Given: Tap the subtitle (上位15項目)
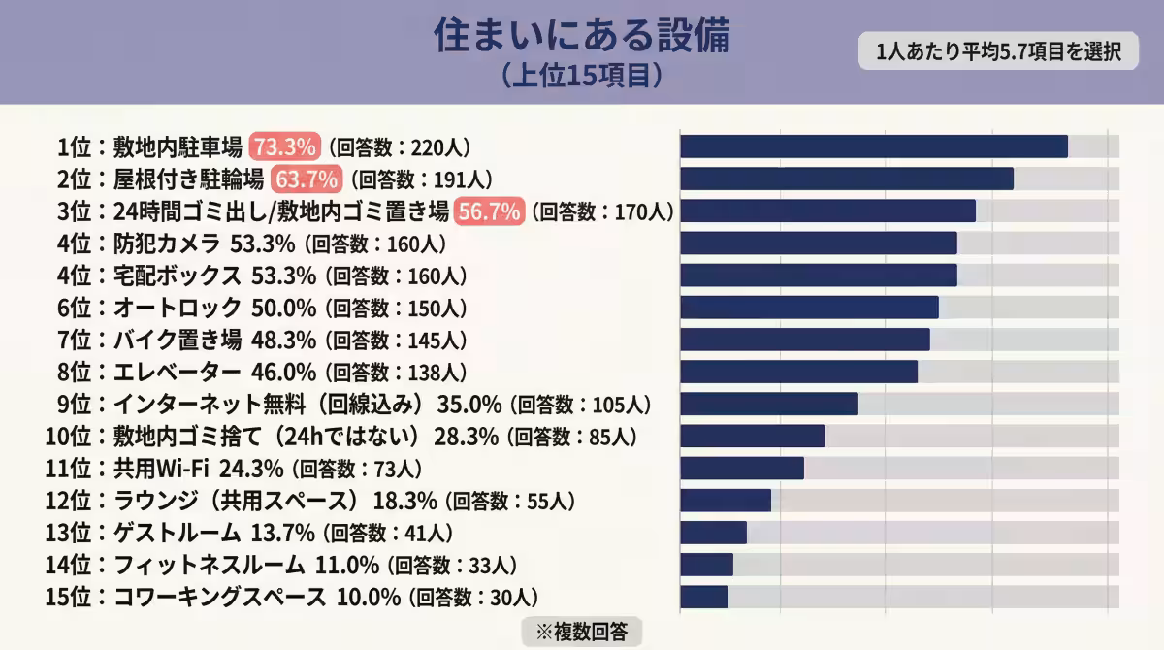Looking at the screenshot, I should (x=581, y=75).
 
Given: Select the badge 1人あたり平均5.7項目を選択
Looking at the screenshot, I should (x=998, y=51).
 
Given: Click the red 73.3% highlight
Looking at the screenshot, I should (x=284, y=146).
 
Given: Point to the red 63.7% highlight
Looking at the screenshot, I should (x=306, y=179).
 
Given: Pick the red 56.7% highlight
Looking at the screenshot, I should (x=490, y=211).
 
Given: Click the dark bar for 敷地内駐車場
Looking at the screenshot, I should (x=873, y=146).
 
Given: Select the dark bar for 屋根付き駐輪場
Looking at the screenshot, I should (x=846, y=179).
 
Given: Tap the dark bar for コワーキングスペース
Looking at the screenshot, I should (x=703, y=597).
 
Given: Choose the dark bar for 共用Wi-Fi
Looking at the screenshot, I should (x=742, y=469).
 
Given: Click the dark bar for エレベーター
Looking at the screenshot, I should (x=798, y=372).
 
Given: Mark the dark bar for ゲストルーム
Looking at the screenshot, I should (x=713, y=533).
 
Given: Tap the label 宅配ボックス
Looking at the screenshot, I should (x=177, y=275).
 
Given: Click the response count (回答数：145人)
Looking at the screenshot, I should (x=396, y=340).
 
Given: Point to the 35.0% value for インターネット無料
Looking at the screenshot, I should (x=469, y=404).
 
